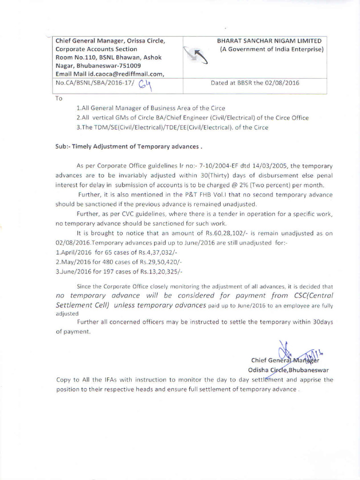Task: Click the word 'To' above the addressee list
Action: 59,98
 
